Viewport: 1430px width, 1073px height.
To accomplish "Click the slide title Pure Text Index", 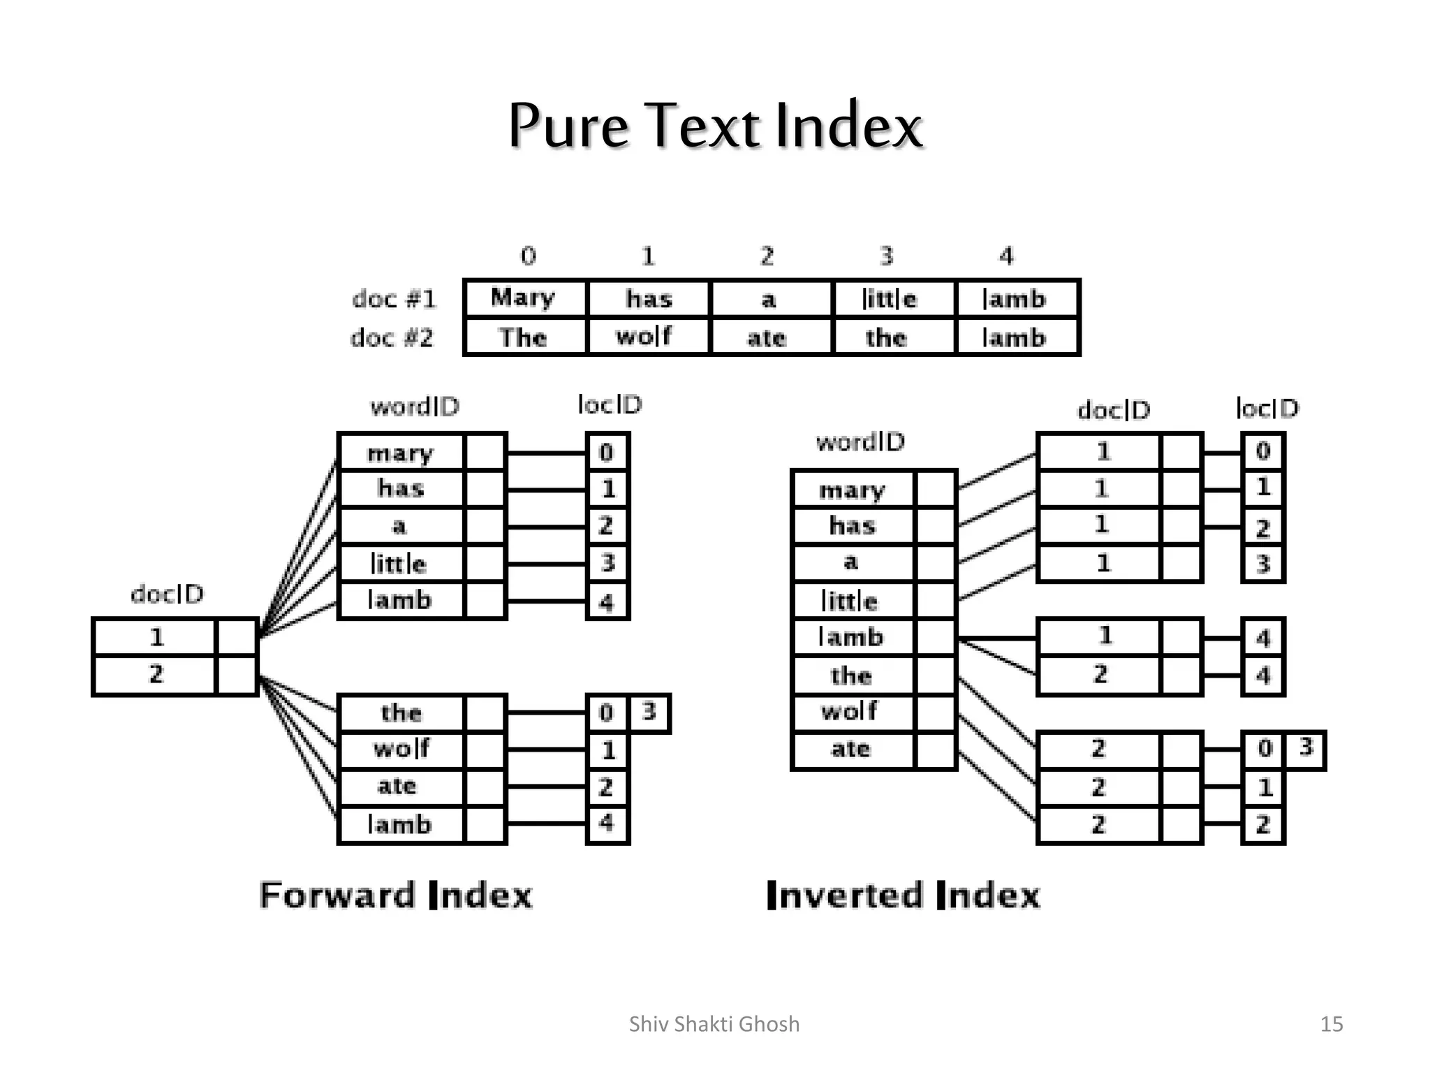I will pyautogui.click(x=715, y=126).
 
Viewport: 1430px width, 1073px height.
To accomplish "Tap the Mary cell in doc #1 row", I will pyautogui.click(x=524, y=298).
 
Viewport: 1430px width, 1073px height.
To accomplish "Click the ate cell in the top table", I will pyautogui.click(x=767, y=338).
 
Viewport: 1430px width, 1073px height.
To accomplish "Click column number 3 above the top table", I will pyautogui.click(x=887, y=256).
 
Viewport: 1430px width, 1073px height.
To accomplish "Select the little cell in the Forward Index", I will pyautogui.click(x=399, y=563).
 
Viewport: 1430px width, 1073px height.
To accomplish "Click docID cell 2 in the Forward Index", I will pyautogui.click(x=156, y=675).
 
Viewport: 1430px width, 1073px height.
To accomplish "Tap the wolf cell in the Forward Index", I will pyautogui.click(x=401, y=749).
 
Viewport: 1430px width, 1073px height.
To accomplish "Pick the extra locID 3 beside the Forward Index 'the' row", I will pyautogui.click(x=649, y=712).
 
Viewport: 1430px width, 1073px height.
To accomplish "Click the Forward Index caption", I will pyautogui.click(x=396, y=896).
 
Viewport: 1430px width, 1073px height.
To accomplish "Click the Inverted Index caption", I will pyautogui.click(x=903, y=896).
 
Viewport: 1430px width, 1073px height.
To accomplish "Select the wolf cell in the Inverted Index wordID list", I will pyautogui.click(x=850, y=712).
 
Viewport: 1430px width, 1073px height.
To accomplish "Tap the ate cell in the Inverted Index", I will pyautogui.click(x=850, y=749).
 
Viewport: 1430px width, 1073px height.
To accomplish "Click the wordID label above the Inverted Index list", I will pyautogui.click(x=860, y=442).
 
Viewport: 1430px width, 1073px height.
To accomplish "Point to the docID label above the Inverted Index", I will pyautogui.click(x=1114, y=410).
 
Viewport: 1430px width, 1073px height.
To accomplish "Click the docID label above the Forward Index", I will pyautogui.click(x=167, y=594).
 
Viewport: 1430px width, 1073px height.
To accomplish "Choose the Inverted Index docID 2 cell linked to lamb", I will pyautogui.click(x=1100, y=675).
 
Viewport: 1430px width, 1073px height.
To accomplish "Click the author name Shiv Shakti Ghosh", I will pyautogui.click(x=714, y=1024).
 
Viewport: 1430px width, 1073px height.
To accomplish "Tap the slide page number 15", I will pyautogui.click(x=1332, y=1024).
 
